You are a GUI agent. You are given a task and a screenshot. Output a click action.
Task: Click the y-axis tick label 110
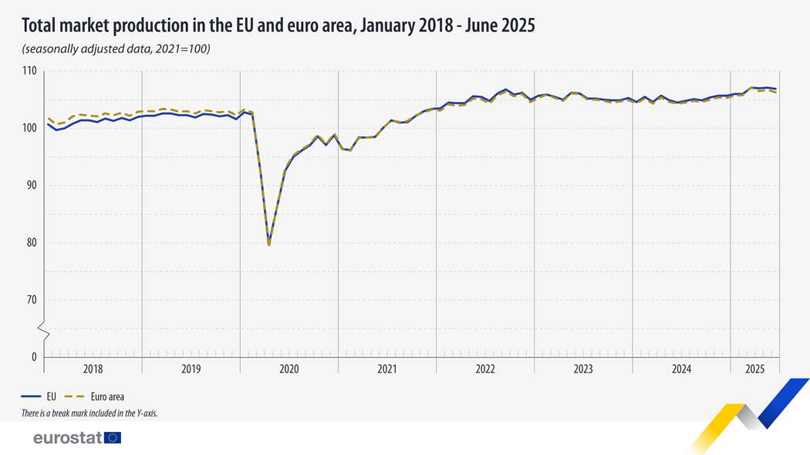pos(29,71)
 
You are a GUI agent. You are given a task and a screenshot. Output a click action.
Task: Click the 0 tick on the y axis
pos(34,357)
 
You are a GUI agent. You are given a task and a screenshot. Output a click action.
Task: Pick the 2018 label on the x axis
pos(93,369)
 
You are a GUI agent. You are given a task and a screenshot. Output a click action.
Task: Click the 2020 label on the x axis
pos(289,369)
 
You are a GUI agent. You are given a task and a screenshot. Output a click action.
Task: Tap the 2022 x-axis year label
pos(485,369)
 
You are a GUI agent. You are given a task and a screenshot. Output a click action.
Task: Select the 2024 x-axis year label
pos(681,369)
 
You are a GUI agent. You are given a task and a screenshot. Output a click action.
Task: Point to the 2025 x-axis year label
pos(755,369)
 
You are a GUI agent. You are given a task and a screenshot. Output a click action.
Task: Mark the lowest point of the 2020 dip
pos(268,244)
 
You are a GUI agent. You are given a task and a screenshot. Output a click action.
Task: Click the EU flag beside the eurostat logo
pos(113,438)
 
